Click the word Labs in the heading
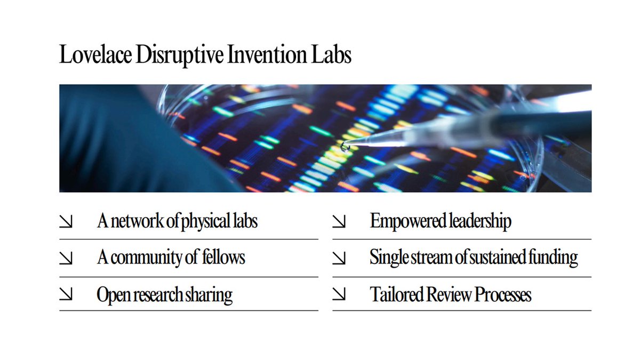332,55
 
